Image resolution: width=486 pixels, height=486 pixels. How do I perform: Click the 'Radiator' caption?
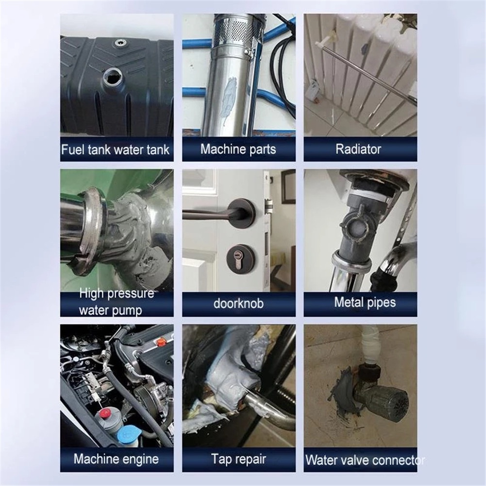click(360, 149)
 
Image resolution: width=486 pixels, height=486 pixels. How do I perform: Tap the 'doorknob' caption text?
click(238, 304)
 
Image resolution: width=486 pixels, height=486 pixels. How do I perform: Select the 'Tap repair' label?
click(238, 459)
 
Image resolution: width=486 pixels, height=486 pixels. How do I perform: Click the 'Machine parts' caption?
click(238, 149)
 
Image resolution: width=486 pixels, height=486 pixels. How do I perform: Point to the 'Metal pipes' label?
click(365, 302)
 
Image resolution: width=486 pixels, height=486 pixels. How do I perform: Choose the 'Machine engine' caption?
click(117, 459)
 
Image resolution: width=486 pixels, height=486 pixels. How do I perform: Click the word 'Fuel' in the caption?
click(71, 149)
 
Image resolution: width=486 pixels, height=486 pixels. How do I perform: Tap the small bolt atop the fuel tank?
click(119, 43)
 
